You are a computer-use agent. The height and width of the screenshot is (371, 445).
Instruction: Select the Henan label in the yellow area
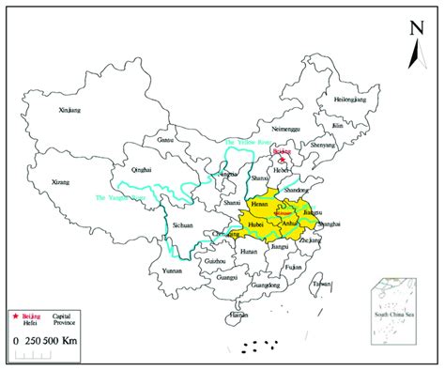[261, 203]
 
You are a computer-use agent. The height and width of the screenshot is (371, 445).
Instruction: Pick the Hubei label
[253, 225]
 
